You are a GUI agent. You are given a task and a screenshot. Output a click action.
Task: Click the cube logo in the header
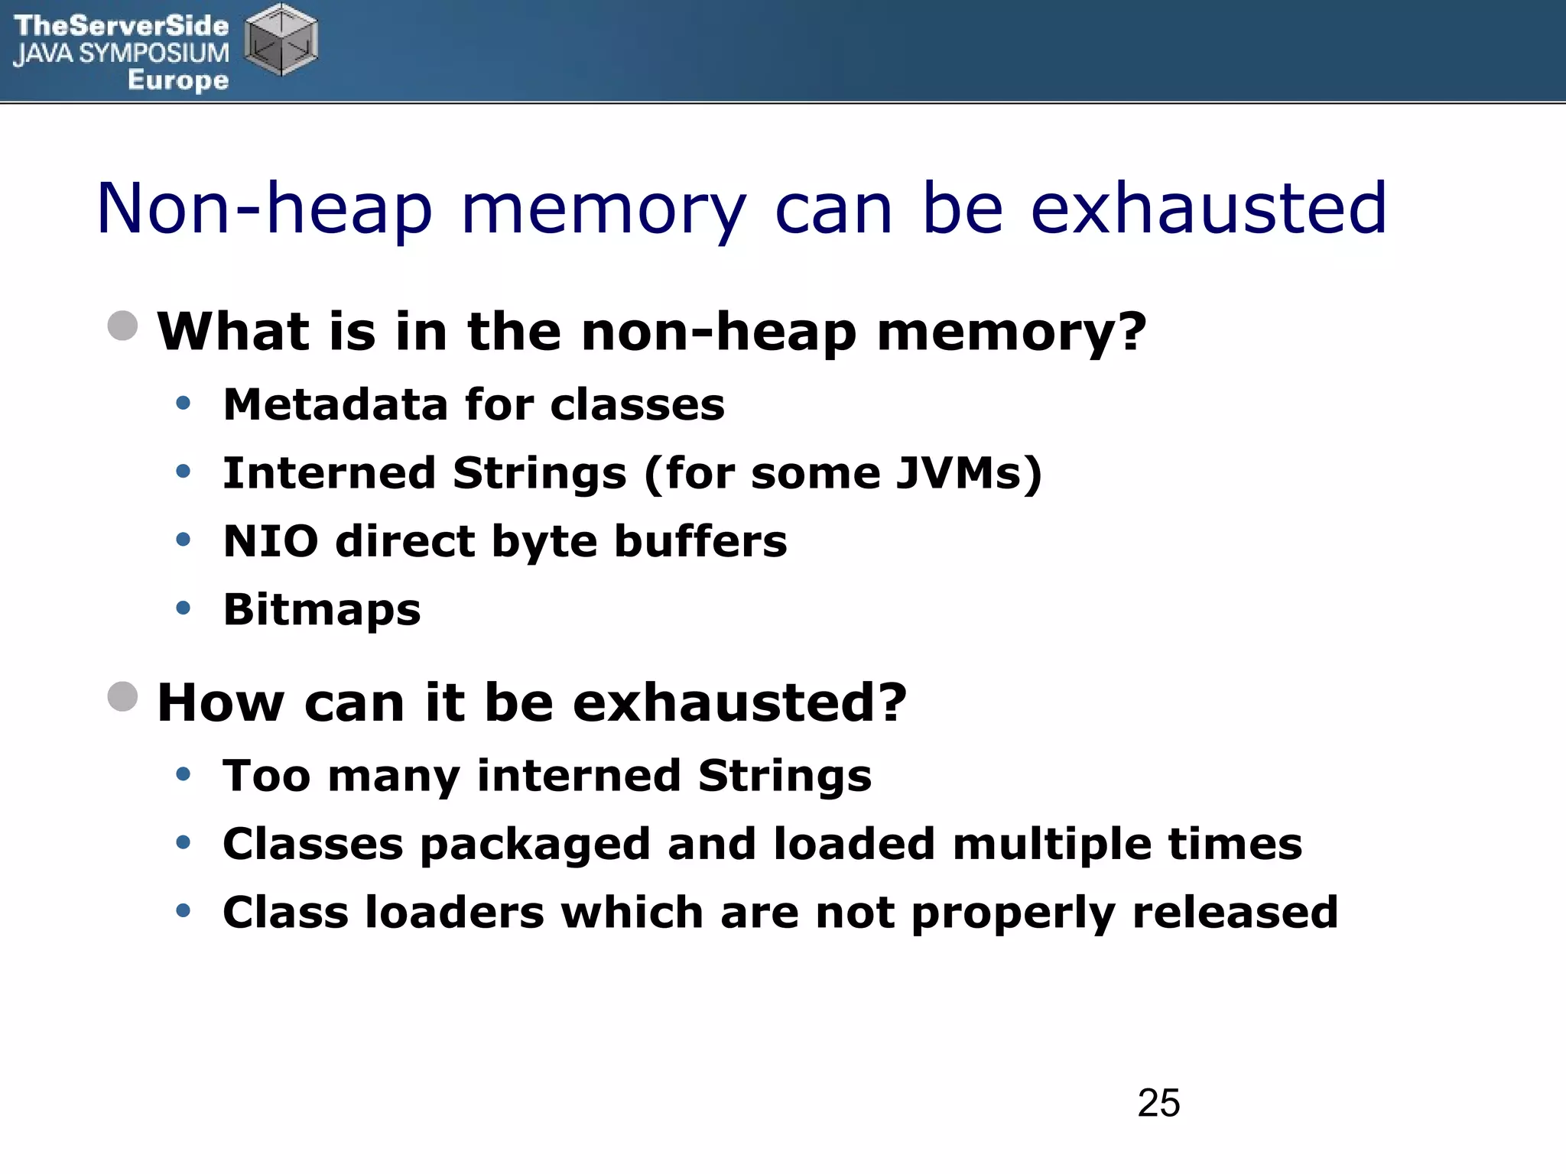pos(281,40)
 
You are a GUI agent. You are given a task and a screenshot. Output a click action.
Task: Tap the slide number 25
pos(1158,1103)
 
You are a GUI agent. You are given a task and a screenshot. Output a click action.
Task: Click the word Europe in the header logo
pos(178,79)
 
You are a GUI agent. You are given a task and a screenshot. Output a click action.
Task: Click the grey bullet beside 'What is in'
pos(123,326)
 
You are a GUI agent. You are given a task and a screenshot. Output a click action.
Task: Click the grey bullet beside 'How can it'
pos(123,696)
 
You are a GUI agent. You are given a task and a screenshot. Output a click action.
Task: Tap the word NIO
pos(271,541)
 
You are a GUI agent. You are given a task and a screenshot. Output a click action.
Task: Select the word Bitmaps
pos(322,610)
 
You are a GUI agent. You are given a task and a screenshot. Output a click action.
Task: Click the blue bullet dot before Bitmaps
pos(183,608)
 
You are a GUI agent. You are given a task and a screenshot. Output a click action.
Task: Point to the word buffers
pos(700,541)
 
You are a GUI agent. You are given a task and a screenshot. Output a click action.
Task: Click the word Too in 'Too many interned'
pos(266,776)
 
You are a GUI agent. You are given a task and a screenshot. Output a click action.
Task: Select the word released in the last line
pos(1235,913)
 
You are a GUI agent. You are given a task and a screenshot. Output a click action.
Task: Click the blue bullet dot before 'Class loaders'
pos(183,911)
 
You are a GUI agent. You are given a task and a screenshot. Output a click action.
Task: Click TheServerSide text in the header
pos(121,26)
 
